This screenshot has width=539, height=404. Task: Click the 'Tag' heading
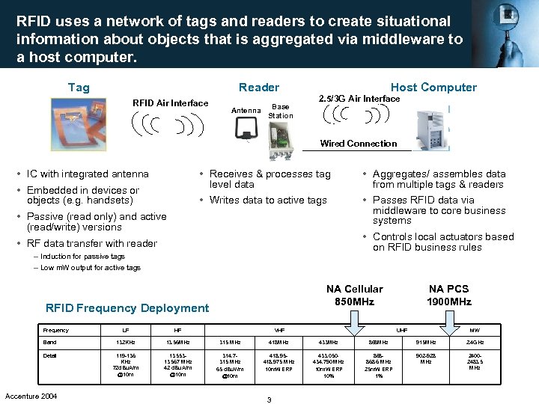tap(79, 88)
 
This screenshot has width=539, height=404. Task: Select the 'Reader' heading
tap(258, 88)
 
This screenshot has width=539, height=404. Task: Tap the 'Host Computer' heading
tap(433, 88)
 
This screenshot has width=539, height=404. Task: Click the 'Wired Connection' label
tap(359, 144)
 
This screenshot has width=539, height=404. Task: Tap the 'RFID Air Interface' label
tap(170, 103)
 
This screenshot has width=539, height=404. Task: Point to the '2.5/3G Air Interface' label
tap(359, 99)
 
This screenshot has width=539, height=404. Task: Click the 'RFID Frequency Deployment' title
tap(127, 307)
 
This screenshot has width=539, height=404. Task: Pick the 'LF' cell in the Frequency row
tap(124, 330)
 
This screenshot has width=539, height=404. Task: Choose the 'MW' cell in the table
tap(475, 330)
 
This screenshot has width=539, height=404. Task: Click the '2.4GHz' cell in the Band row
tap(475, 343)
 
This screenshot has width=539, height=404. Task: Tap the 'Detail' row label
tap(50, 355)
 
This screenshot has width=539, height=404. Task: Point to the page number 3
tap(269, 400)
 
